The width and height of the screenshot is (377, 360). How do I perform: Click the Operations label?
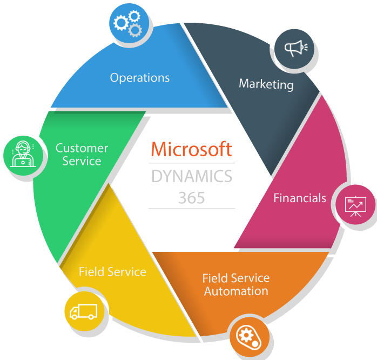139,78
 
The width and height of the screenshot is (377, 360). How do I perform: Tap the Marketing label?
266,84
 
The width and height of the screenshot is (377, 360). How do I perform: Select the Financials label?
299,198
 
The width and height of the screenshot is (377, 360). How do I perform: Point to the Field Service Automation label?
235,284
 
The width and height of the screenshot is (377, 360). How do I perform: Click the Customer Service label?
82,155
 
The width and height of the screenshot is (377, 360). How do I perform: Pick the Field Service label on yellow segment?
112,271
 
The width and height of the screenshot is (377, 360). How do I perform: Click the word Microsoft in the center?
191,149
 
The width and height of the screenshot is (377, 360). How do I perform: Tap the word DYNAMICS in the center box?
192,176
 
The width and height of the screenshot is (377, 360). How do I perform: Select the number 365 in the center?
191,198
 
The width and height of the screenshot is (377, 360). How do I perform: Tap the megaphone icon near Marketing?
295,49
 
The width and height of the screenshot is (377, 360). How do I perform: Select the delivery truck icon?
83,312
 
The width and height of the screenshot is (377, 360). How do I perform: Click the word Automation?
235,291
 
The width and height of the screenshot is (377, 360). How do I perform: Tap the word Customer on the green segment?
82,148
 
